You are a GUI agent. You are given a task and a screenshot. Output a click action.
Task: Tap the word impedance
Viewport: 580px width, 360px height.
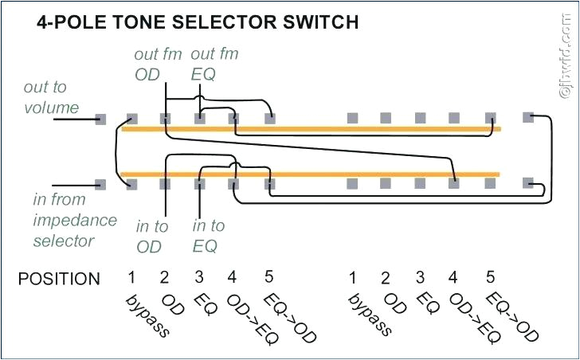tap(75, 220)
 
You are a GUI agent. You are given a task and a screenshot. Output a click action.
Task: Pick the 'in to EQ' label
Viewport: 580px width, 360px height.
tap(209, 237)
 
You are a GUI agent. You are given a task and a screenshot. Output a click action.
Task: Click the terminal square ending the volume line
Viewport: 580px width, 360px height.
tap(100, 119)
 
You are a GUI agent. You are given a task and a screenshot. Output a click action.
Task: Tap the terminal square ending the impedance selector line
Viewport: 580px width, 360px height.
tap(100, 184)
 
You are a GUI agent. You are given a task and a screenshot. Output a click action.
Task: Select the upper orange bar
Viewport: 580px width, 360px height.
tap(311, 128)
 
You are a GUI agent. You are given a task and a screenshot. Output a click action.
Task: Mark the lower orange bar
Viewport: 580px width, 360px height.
tap(311, 174)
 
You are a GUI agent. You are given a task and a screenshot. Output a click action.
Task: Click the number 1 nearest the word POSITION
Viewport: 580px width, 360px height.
tap(131, 278)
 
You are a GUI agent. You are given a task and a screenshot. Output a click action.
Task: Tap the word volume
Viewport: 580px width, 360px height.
tap(51, 107)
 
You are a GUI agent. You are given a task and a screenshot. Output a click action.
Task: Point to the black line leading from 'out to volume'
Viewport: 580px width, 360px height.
tap(73, 119)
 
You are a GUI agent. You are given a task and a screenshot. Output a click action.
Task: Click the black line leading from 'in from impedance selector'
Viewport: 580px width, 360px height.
tap(73, 184)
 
